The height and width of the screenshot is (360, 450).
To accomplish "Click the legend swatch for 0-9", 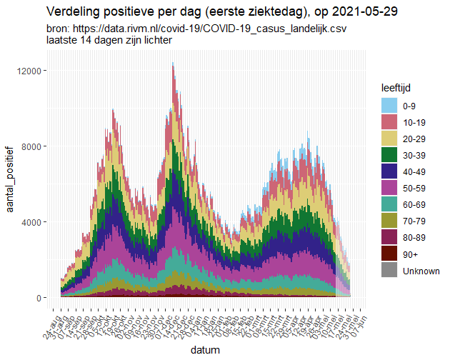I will [x=389, y=106].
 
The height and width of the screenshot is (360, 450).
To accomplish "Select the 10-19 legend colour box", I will [x=389, y=122].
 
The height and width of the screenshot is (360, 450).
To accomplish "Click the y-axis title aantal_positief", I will [x=10, y=172].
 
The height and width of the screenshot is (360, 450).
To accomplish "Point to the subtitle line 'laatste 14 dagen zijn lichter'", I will [x=108, y=41].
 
